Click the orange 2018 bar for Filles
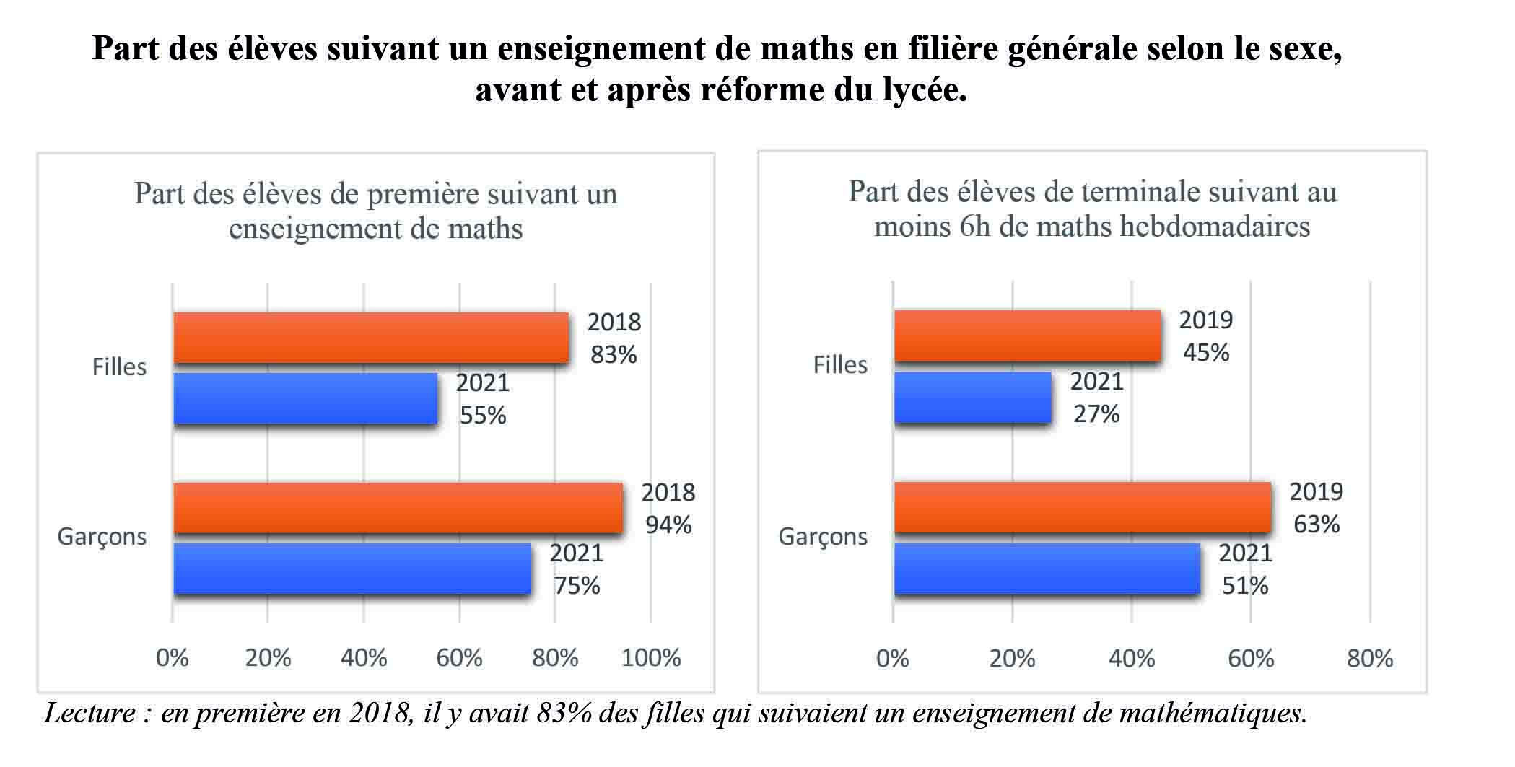coord(370,338)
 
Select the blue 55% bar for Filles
coord(305,398)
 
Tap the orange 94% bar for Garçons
coord(398,508)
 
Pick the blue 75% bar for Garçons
coord(352,569)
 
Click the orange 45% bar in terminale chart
coord(1027,336)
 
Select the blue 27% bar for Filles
coord(972,398)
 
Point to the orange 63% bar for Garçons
coord(1082,507)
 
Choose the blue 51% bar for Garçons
coord(1047,569)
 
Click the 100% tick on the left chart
coord(651,657)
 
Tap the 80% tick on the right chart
coord(1369,658)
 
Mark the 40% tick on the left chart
coord(364,657)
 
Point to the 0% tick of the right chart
coord(893,658)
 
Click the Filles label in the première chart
coord(119,367)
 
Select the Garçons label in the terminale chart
coord(823,537)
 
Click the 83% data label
coord(614,354)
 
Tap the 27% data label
coord(1096,413)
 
